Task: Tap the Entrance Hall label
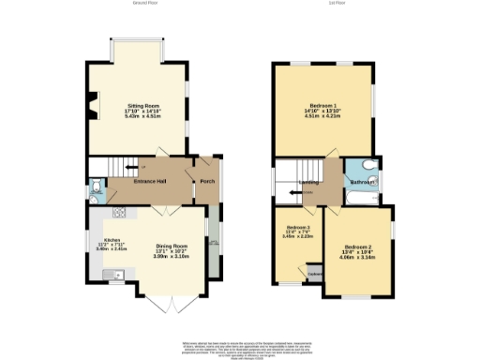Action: tap(150, 181)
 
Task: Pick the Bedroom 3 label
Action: tap(298, 228)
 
